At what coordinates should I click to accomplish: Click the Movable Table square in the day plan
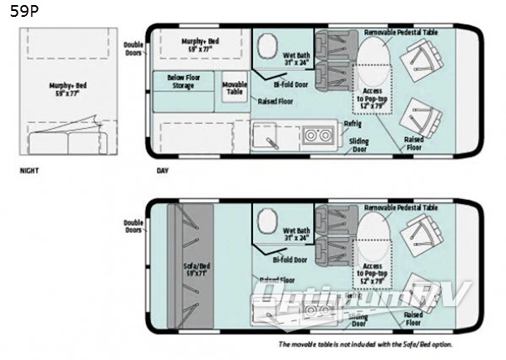[x=234, y=89]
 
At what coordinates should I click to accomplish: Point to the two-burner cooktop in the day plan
[x=317, y=135]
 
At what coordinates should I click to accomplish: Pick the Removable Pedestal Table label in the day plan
[x=401, y=32]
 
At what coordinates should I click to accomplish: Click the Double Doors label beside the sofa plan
[x=133, y=225]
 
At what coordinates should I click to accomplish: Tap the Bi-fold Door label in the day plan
[x=289, y=84]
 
